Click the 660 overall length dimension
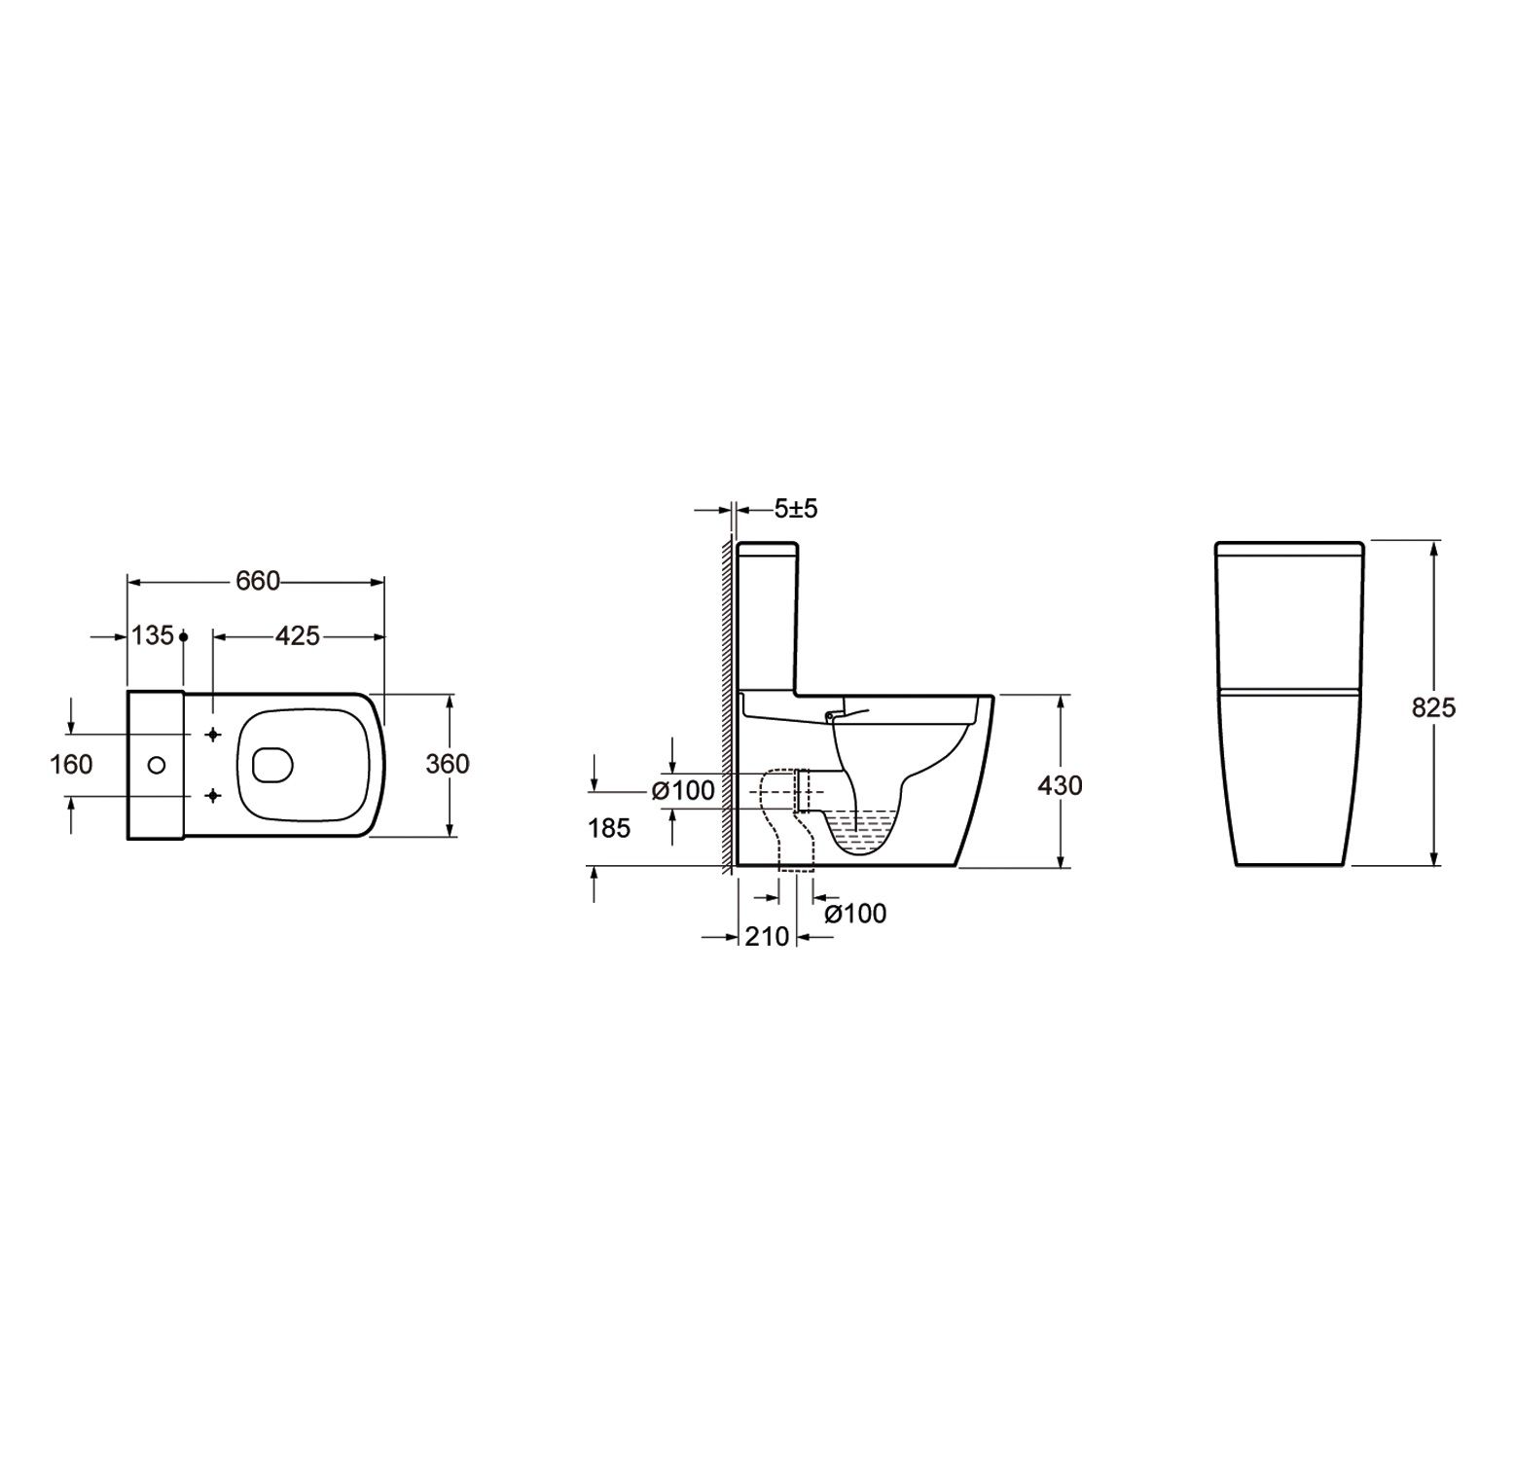click(x=258, y=581)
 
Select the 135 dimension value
click(x=153, y=635)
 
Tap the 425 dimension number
click(x=298, y=635)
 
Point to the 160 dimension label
click(x=71, y=764)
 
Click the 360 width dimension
click(x=448, y=764)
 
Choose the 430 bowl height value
click(x=1060, y=784)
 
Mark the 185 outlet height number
click(x=609, y=828)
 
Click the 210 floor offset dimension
click(x=767, y=936)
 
